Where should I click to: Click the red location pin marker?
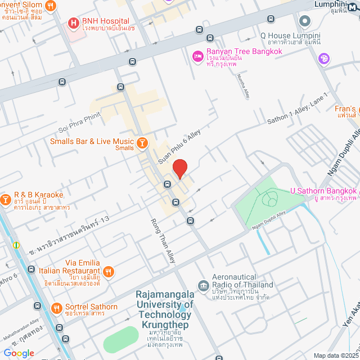179,169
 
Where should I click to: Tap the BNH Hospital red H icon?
73,23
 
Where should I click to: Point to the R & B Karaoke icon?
6,199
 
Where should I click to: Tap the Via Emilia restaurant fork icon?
109,271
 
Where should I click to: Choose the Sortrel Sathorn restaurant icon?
56,308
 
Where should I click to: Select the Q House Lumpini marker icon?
305,21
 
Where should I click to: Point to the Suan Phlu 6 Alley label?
179,146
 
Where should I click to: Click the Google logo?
19,353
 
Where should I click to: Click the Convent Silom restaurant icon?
51,6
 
